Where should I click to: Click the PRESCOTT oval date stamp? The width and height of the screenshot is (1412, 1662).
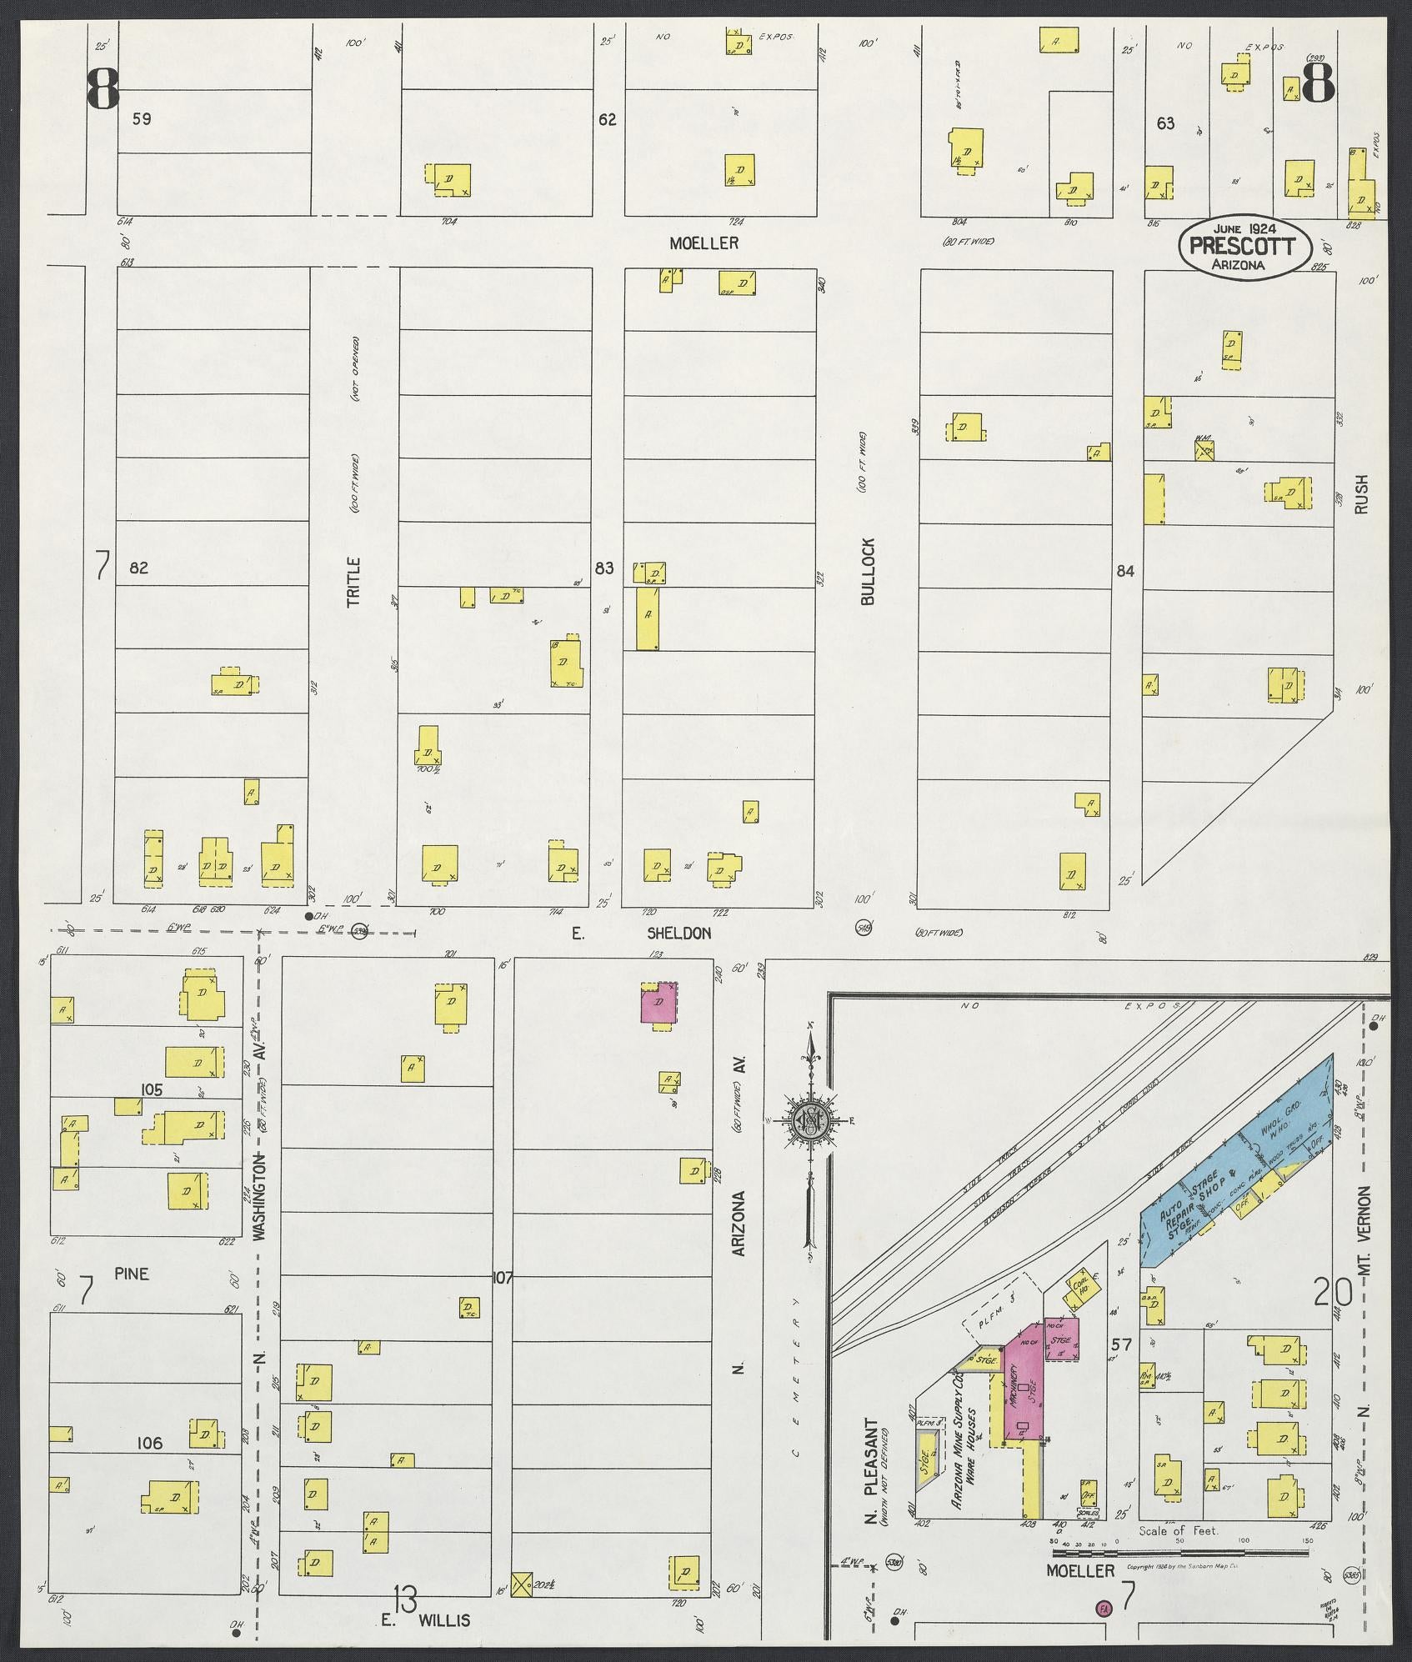coord(1244,246)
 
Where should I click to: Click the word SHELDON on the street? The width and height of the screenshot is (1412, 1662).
coord(680,933)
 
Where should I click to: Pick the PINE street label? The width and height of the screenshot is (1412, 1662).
coord(132,1274)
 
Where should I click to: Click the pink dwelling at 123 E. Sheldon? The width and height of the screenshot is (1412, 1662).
coord(658,1004)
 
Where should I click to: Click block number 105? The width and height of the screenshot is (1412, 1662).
coord(152,1089)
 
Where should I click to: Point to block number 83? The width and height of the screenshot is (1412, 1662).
coord(604,568)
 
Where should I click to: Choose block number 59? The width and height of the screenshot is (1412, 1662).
coord(142,119)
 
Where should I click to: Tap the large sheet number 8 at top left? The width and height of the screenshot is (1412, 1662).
coord(103,89)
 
